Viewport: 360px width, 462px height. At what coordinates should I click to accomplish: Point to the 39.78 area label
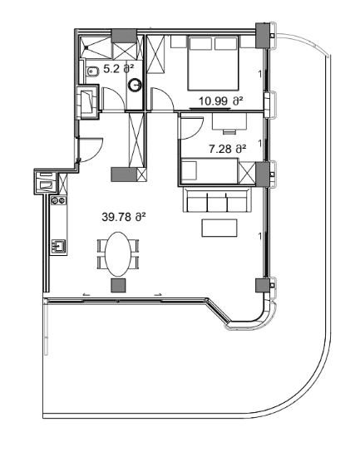(124, 217)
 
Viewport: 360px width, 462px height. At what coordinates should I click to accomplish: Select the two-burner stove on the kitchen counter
(58, 200)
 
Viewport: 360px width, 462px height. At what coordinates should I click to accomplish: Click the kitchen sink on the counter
(58, 245)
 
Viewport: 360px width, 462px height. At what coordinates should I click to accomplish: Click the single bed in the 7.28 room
(208, 172)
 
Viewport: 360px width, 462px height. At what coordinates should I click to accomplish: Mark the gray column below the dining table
(119, 285)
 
